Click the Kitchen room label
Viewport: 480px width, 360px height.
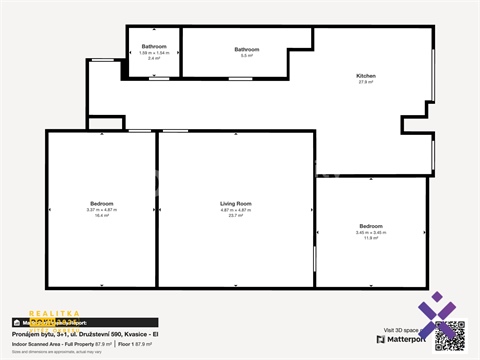tap(366, 76)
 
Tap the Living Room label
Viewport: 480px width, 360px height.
tap(236, 203)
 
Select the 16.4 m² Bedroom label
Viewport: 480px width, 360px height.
tap(102, 203)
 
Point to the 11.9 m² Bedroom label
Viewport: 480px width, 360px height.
tap(370, 227)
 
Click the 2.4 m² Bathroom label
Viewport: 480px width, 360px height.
tap(153, 47)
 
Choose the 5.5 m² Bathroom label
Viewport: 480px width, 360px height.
tap(246, 49)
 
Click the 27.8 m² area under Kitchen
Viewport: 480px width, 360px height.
tap(366, 82)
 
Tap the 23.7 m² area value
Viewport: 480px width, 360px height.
tap(236, 215)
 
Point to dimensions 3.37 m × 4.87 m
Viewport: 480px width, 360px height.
tap(102, 209)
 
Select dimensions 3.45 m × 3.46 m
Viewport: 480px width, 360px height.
tap(370, 233)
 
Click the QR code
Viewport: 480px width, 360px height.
tap(450, 335)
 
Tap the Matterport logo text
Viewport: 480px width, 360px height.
tap(404, 339)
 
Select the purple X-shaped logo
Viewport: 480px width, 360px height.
tap(436, 312)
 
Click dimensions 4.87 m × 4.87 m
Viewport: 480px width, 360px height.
tap(236, 209)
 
